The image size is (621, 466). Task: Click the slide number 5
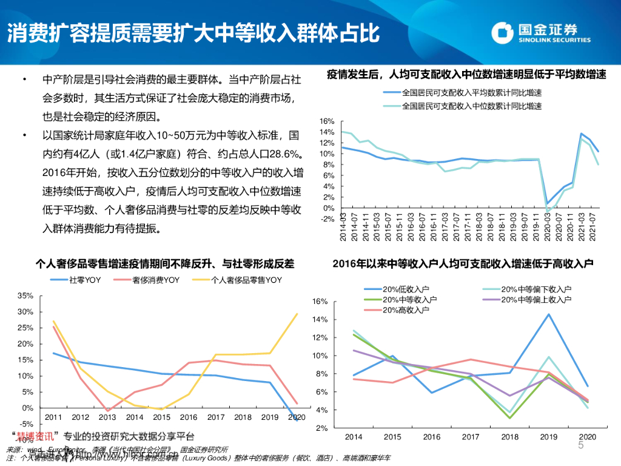(x=580, y=446)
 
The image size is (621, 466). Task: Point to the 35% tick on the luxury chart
(x=26, y=295)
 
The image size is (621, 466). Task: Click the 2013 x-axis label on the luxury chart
(x=108, y=417)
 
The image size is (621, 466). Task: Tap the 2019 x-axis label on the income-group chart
(x=549, y=437)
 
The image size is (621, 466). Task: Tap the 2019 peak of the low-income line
(x=549, y=314)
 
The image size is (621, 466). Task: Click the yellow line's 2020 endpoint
(x=297, y=314)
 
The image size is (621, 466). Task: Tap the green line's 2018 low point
(x=510, y=417)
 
